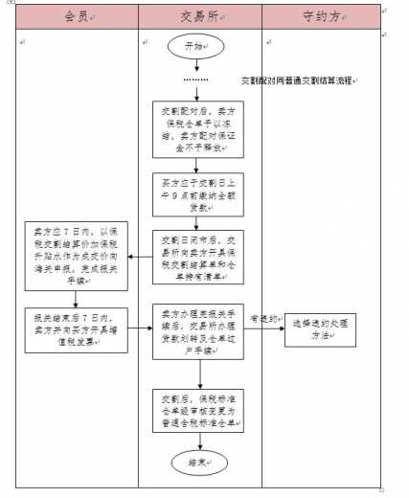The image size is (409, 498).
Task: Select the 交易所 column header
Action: [x=198, y=17]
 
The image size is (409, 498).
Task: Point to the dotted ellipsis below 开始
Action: [x=195, y=79]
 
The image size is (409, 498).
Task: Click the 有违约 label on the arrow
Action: [x=261, y=318]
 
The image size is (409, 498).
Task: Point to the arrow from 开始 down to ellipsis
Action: [x=195, y=65]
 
